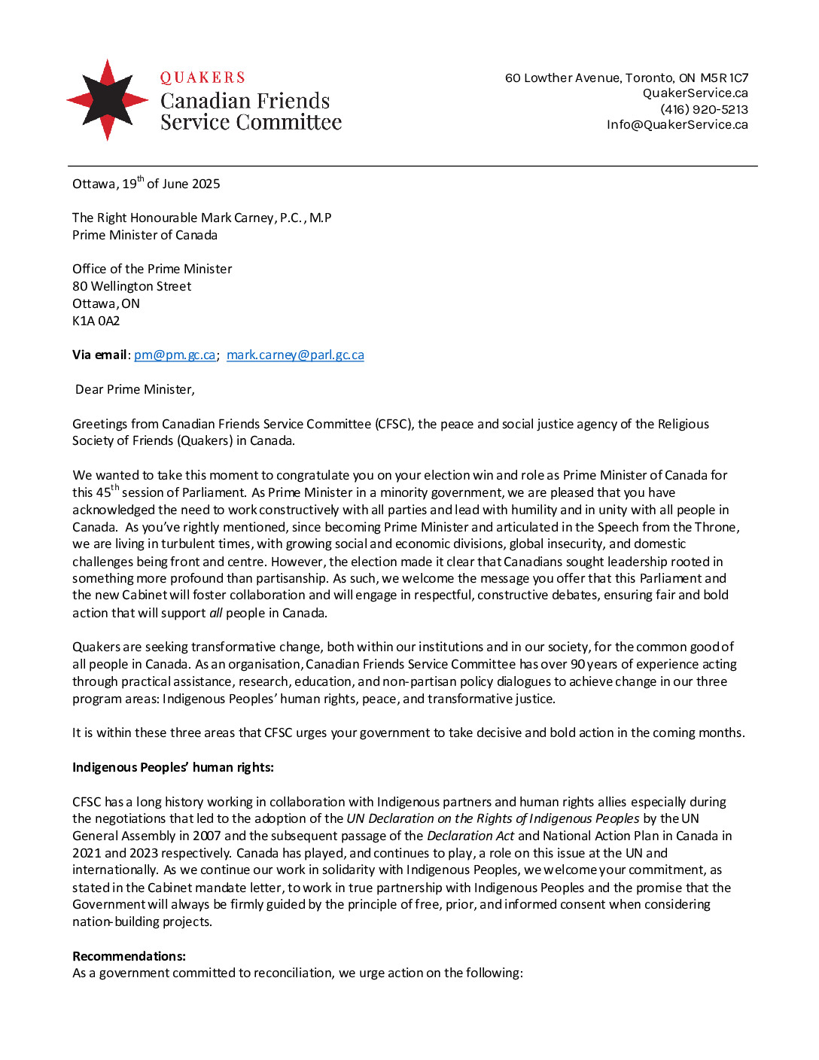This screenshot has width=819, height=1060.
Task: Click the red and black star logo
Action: click(x=108, y=99)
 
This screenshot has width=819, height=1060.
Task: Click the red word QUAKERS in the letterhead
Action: click(x=202, y=78)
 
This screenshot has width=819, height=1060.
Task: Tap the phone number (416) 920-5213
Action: click(x=704, y=109)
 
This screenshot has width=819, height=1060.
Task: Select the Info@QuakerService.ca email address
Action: click(x=677, y=124)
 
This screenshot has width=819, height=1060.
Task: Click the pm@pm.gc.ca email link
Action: click(x=175, y=355)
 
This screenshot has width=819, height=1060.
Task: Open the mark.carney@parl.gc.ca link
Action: click(x=295, y=355)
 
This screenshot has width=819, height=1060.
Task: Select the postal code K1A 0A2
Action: click(x=96, y=321)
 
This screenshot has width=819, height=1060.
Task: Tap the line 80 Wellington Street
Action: click(x=132, y=286)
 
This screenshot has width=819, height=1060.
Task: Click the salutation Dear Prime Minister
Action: click(x=135, y=389)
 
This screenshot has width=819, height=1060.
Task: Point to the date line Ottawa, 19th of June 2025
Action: click(x=146, y=184)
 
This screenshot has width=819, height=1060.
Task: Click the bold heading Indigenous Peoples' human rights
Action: click(x=172, y=767)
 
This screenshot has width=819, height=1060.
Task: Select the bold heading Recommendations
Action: click(x=129, y=956)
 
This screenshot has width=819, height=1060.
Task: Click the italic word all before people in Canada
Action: click(x=216, y=613)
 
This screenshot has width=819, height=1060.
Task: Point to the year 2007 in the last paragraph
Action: click(x=207, y=836)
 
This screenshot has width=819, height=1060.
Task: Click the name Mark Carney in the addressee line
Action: click(x=238, y=218)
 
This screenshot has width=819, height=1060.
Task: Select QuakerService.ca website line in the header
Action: click(x=695, y=93)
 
